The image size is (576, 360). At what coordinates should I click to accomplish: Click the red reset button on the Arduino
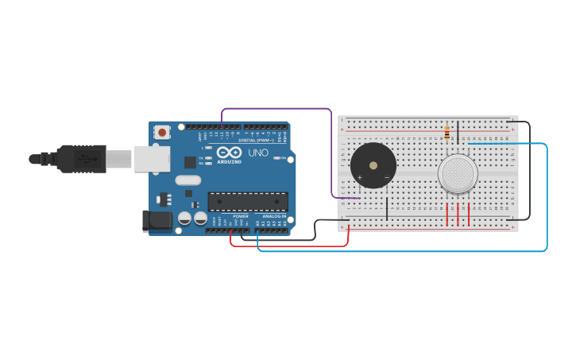[162, 133]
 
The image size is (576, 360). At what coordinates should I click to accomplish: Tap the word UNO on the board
[258, 153]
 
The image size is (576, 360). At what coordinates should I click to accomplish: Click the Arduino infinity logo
[229, 151]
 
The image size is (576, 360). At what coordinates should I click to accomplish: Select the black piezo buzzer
[373, 165]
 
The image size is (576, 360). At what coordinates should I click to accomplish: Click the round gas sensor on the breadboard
[458, 173]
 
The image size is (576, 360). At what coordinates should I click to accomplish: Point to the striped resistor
[447, 132]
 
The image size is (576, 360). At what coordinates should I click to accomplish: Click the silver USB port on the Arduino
[151, 159]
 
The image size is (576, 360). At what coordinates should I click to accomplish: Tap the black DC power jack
[157, 220]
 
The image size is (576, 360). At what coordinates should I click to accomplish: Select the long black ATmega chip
[247, 202]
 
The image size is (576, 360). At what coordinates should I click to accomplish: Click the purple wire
[278, 109]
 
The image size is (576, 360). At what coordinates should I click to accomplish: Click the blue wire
[397, 251]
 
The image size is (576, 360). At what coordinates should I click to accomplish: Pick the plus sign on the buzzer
[360, 177]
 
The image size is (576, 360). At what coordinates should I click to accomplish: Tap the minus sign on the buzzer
[387, 177]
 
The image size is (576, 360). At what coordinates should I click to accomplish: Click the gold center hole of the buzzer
[373, 165]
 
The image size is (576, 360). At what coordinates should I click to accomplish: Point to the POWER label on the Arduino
[241, 215]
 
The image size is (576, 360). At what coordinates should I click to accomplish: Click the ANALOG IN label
[272, 215]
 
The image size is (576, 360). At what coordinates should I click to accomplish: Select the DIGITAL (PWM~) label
[256, 140]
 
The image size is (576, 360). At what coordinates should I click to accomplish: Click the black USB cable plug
[80, 159]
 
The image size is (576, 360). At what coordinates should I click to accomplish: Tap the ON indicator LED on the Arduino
[277, 158]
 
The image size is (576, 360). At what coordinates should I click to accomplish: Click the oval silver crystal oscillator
[188, 180]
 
